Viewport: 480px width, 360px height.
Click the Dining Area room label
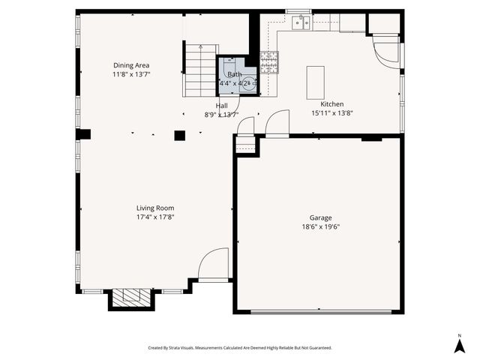tap(131, 65)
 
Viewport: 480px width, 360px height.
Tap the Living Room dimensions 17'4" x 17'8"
tap(155, 217)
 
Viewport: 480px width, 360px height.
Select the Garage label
tap(320, 217)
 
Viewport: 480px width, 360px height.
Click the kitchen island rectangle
tap(315, 82)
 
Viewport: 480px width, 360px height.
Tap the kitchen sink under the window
tap(301, 22)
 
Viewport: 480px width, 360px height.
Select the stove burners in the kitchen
tap(268, 62)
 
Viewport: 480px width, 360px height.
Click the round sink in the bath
tap(248, 84)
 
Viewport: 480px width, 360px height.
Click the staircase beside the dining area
tap(200, 71)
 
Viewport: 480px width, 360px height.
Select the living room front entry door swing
tap(212, 265)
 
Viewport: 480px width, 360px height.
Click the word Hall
tap(222, 106)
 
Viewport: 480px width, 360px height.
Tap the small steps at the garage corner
tap(245, 145)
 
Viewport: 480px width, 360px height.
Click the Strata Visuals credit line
tap(240, 348)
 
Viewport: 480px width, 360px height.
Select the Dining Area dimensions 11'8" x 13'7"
tap(131, 74)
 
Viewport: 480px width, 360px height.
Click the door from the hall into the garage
tap(277, 124)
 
